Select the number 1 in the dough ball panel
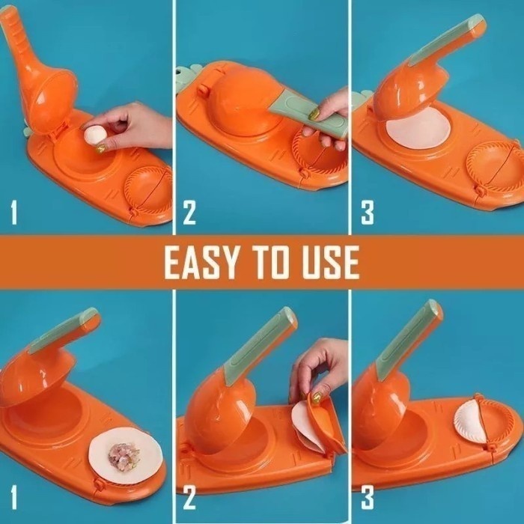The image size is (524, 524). point(13,212)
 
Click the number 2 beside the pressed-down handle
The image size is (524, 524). point(189,212)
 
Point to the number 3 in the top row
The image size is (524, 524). point(367,212)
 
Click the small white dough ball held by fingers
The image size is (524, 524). point(95,135)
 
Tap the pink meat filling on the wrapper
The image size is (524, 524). point(124,456)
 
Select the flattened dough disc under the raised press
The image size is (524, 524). point(418,128)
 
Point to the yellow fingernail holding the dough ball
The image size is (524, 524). point(100,148)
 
